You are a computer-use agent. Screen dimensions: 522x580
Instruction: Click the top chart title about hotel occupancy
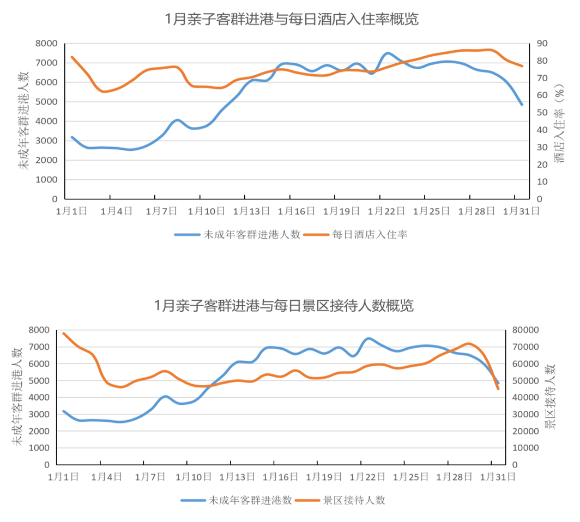tap(292, 20)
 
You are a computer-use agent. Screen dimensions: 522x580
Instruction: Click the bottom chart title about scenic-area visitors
tap(283, 305)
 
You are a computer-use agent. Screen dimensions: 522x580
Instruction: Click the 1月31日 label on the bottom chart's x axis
tap(497, 477)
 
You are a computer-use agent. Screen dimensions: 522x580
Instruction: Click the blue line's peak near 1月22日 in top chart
tap(388, 53)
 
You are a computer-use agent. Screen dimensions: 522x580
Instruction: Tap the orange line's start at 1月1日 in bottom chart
tap(64, 333)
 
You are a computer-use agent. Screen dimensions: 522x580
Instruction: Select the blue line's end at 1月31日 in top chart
tap(522, 104)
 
